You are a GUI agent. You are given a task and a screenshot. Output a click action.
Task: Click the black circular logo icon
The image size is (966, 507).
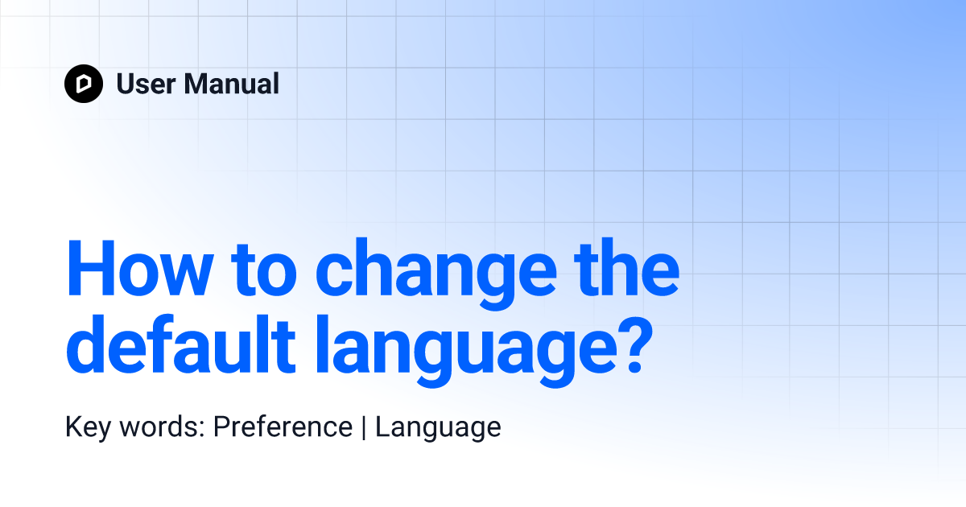[84, 84]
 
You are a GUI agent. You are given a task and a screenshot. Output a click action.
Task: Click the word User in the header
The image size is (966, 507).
[146, 84]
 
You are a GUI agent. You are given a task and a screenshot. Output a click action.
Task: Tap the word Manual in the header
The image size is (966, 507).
[232, 84]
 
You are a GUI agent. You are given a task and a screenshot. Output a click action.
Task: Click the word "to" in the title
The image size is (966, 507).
[264, 270]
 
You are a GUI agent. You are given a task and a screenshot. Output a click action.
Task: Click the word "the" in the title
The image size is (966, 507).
[626, 267]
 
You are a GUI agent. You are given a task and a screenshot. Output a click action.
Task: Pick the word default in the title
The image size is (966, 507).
[180, 344]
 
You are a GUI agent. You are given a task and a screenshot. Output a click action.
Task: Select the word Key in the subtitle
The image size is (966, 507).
[88, 427]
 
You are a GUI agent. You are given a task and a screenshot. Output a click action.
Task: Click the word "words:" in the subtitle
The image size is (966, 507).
[162, 427]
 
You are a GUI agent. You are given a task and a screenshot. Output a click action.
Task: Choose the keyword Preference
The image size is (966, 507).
[283, 427]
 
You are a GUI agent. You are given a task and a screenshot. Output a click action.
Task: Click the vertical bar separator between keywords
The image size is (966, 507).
[364, 427]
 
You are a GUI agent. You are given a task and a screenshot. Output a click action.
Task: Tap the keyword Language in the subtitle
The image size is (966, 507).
[438, 427]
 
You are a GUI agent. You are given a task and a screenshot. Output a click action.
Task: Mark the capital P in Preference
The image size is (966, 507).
[224, 427]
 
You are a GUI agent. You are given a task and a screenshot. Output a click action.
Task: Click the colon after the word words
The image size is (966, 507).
[202, 430]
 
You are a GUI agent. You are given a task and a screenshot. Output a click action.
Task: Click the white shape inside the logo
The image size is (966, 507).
[84, 84]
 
